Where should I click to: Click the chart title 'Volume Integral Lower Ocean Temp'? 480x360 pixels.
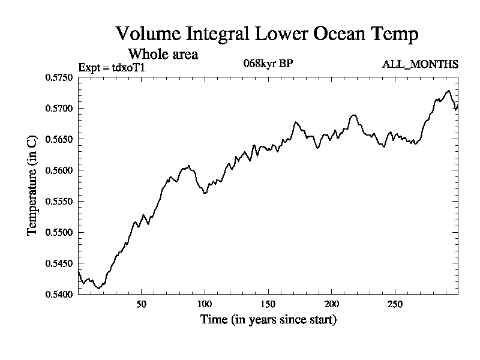(267, 34)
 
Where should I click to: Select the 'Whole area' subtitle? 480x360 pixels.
(163, 54)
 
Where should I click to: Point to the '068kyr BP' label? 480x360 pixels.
(268, 63)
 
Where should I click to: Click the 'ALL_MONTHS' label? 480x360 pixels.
(421, 64)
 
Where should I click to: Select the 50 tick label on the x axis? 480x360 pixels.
(141, 304)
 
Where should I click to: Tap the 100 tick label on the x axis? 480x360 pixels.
(205, 304)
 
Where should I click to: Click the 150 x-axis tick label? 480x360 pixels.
(268, 304)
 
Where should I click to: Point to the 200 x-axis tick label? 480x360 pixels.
(332, 304)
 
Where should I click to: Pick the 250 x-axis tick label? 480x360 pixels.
(395, 304)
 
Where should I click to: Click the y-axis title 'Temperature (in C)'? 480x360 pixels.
(33, 186)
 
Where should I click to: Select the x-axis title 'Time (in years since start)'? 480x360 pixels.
(268, 319)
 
